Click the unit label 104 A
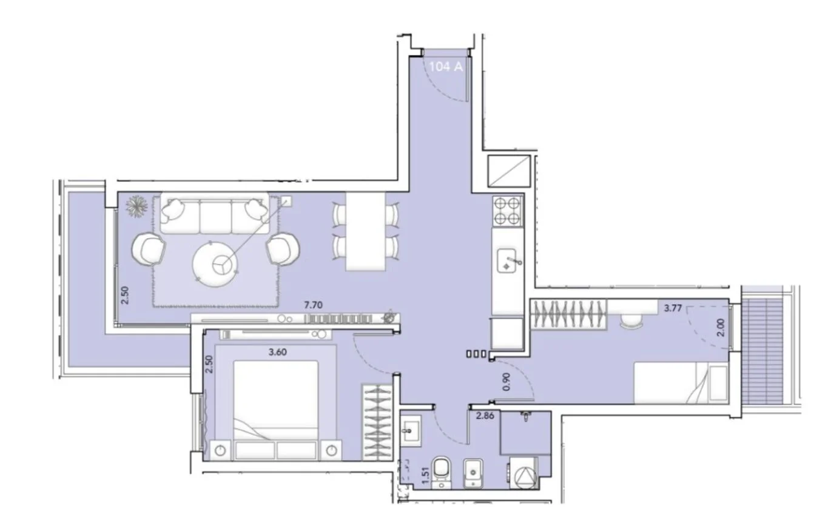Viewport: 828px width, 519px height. click(x=446, y=67)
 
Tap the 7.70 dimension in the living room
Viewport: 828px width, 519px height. click(x=313, y=305)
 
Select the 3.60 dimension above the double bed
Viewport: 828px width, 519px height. click(x=278, y=352)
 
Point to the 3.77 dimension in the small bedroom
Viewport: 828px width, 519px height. click(x=673, y=308)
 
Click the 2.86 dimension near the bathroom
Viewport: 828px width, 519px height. click(x=485, y=415)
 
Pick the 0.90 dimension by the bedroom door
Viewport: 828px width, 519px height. click(x=507, y=382)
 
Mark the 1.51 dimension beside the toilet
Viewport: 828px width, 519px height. click(x=425, y=475)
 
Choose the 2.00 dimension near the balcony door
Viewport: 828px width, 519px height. click(x=721, y=328)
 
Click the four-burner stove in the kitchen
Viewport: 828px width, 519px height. click(x=507, y=211)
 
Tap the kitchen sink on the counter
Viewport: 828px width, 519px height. click(x=507, y=261)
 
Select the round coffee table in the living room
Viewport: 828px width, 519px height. click(x=215, y=264)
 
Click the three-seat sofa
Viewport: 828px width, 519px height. click(x=215, y=214)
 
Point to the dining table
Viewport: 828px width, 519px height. click(x=365, y=231)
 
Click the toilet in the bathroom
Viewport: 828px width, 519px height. click(x=442, y=472)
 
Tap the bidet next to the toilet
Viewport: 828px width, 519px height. click(x=474, y=473)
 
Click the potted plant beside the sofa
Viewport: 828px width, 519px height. click(x=136, y=206)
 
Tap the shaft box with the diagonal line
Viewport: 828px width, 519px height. click(x=509, y=171)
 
